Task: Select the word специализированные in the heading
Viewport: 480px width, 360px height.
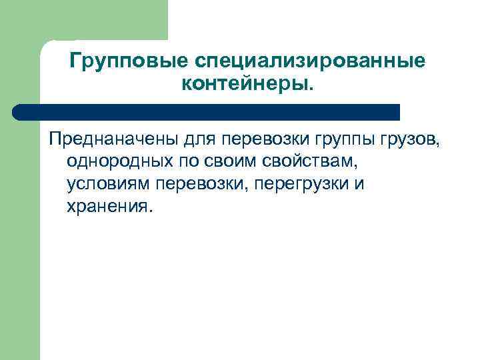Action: pyautogui.click(x=309, y=61)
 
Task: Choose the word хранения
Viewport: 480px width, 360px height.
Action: pyautogui.click(x=109, y=205)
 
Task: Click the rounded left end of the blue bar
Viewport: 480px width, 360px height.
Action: pyautogui.click(x=19, y=111)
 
